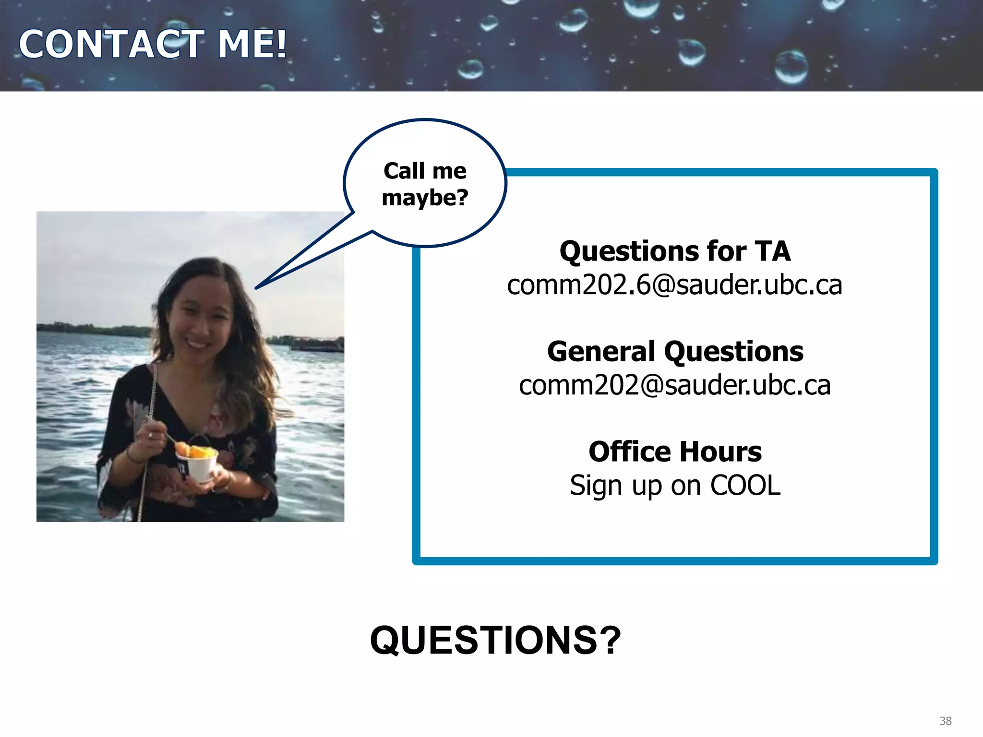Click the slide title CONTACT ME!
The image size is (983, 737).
153,44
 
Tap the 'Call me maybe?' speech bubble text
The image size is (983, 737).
425,184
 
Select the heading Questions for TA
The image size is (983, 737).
674,251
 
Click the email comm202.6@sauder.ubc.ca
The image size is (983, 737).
674,285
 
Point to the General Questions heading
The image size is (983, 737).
674,352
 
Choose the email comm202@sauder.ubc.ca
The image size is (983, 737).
674,385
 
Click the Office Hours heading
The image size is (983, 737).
674,452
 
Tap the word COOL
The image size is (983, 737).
745,486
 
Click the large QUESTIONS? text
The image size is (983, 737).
495,641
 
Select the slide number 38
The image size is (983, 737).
945,721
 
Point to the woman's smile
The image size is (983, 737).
197,344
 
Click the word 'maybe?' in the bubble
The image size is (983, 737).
425,198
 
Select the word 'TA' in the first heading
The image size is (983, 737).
772,251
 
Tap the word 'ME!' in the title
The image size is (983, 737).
252,44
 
